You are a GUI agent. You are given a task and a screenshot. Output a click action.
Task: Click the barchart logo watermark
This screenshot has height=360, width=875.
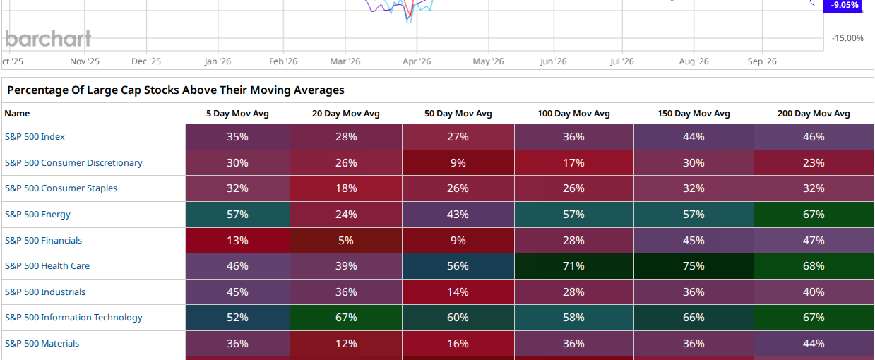[x=48, y=39]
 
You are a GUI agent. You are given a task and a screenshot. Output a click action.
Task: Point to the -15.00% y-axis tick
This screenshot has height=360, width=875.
[x=847, y=38]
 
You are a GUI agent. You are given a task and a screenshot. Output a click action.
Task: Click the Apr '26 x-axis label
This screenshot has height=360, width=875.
[x=417, y=61]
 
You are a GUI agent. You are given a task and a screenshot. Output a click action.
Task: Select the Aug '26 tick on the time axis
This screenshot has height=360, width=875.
[x=694, y=61]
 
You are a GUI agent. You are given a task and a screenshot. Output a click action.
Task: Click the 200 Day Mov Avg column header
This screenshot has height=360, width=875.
[x=814, y=114]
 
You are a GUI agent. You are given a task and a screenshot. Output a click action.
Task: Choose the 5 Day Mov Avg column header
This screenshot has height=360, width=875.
[x=237, y=114]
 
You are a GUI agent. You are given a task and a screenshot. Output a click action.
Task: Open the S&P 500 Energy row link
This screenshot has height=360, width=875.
[x=37, y=215]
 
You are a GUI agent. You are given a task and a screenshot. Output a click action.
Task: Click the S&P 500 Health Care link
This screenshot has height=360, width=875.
[x=47, y=266]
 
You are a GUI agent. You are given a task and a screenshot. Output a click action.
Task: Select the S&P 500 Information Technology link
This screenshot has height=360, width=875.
[x=73, y=318]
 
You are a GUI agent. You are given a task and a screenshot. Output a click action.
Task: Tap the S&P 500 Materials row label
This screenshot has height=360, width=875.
[x=42, y=344]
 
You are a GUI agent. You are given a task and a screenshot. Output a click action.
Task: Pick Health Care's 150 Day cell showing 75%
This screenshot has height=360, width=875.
[x=694, y=266]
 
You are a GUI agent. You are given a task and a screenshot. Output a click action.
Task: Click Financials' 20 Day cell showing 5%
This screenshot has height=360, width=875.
[x=346, y=240]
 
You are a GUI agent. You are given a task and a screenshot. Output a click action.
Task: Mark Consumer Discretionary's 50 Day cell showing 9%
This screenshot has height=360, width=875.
[x=458, y=162]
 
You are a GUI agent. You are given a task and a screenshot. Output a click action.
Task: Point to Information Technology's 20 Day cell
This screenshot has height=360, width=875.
[x=346, y=318]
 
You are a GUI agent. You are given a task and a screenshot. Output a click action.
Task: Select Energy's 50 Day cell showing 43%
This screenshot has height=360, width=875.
[x=458, y=215]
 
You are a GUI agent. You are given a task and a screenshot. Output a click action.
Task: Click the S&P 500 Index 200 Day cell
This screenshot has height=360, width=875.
[x=814, y=137]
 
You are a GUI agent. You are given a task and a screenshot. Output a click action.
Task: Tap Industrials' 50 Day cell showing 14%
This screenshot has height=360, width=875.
[x=458, y=292]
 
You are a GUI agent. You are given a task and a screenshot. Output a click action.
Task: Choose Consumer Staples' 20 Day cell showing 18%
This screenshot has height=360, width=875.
[x=346, y=188]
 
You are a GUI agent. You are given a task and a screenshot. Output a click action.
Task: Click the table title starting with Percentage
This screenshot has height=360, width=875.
[x=176, y=90]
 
